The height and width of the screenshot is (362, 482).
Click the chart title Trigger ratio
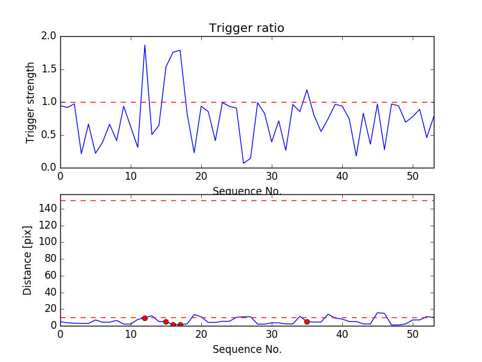(x=246, y=28)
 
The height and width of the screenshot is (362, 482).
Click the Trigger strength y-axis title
(x=31, y=102)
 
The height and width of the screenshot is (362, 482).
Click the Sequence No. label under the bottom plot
(x=247, y=349)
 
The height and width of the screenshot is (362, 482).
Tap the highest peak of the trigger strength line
(x=145, y=45)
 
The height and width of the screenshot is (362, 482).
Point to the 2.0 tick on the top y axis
(x=49, y=36)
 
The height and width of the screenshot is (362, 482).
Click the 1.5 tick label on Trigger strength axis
(x=49, y=69)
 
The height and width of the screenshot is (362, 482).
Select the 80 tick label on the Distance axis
(x=50, y=259)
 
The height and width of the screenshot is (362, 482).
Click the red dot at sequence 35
(x=307, y=322)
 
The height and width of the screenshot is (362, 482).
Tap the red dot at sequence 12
(x=145, y=318)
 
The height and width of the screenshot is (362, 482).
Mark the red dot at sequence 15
(x=166, y=322)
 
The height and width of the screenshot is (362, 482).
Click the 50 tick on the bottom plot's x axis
(x=413, y=334)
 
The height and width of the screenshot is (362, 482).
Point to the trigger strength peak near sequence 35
(x=307, y=90)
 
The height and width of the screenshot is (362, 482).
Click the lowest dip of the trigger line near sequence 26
(x=243, y=163)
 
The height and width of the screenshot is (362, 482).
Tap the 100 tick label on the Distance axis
(x=48, y=242)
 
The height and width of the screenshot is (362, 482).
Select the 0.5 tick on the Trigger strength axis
(x=49, y=135)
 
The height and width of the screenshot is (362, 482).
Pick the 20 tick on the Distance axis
(x=50, y=309)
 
